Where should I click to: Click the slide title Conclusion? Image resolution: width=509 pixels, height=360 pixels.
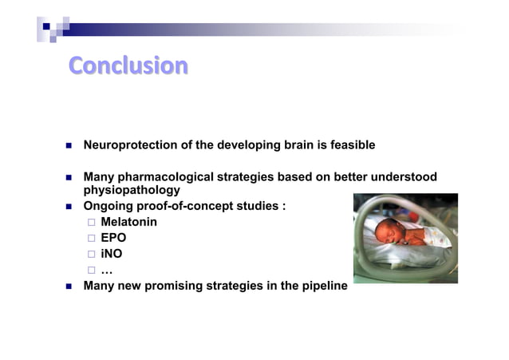pos(128,65)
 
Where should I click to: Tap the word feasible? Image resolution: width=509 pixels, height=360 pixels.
pos(347,145)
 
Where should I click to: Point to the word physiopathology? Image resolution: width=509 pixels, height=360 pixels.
pos(132,191)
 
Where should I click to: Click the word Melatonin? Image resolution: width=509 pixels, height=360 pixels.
pos(128,222)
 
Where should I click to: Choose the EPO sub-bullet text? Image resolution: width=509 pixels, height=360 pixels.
pos(113,238)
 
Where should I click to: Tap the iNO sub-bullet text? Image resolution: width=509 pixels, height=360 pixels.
pos(112,254)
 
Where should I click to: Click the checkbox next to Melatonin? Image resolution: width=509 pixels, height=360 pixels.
pos(92,223)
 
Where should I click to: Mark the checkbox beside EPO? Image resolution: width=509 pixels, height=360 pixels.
pos(92,239)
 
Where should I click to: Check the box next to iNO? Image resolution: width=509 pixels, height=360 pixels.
pos(92,255)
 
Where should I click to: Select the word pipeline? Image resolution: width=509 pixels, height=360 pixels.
pos(323,286)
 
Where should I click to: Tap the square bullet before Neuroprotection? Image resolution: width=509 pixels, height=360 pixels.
pos(68,146)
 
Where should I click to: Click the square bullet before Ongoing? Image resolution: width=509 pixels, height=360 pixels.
pos(68,208)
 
